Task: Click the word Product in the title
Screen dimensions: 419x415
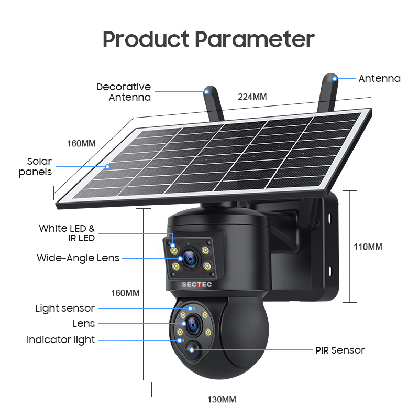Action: click(146, 39)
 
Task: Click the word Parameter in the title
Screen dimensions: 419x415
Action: click(255, 39)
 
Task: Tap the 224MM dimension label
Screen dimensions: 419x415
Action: click(252, 97)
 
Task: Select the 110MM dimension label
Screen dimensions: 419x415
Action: click(368, 247)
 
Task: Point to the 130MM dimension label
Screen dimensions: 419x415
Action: click(222, 399)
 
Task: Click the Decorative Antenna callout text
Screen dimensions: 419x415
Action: click(124, 92)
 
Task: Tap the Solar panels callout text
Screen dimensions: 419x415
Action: click(35, 166)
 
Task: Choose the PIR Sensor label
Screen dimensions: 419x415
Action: click(340, 350)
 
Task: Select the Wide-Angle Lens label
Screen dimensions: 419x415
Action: click(78, 258)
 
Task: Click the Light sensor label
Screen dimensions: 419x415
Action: click(65, 308)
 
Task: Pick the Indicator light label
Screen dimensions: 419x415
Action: click(61, 340)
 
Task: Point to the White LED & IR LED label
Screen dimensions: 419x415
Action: click(67, 233)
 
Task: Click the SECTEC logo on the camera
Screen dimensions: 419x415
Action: click(197, 284)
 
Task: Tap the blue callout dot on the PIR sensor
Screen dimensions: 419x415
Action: click(192, 349)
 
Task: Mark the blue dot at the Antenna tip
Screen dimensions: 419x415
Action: click(335, 79)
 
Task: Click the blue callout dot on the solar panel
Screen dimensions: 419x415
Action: click(107, 167)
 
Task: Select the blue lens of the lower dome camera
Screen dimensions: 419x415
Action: click(193, 325)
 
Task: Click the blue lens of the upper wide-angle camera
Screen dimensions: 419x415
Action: click(191, 258)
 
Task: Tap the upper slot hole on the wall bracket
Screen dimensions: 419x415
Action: click(329, 218)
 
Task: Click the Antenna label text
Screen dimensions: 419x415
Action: click(379, 79)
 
